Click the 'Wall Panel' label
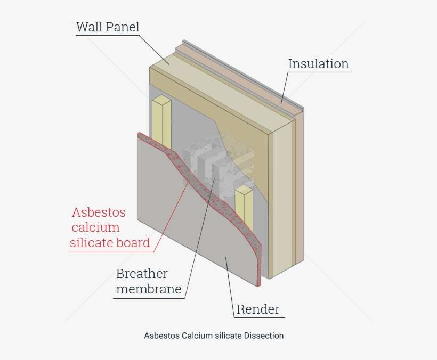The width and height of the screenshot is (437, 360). coord(108,27)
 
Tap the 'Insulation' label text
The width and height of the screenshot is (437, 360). coord(318,64)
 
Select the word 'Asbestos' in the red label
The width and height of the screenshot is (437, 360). coord(99,212)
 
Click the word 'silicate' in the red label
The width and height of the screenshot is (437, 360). coord(92,243)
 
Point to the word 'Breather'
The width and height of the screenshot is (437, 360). coord(142,274)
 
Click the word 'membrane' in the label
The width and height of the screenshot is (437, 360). coord(149,290)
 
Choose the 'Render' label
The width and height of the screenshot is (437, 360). coord(258,309)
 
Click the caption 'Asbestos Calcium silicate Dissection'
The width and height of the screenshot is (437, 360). coord(214,336)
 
